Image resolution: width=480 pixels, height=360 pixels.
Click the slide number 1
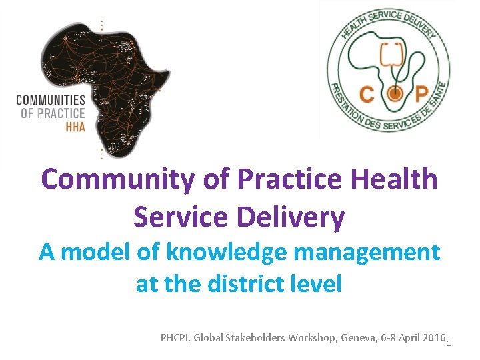[x=449, y=343]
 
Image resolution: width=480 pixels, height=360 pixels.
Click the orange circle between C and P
[x=395, y=94]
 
